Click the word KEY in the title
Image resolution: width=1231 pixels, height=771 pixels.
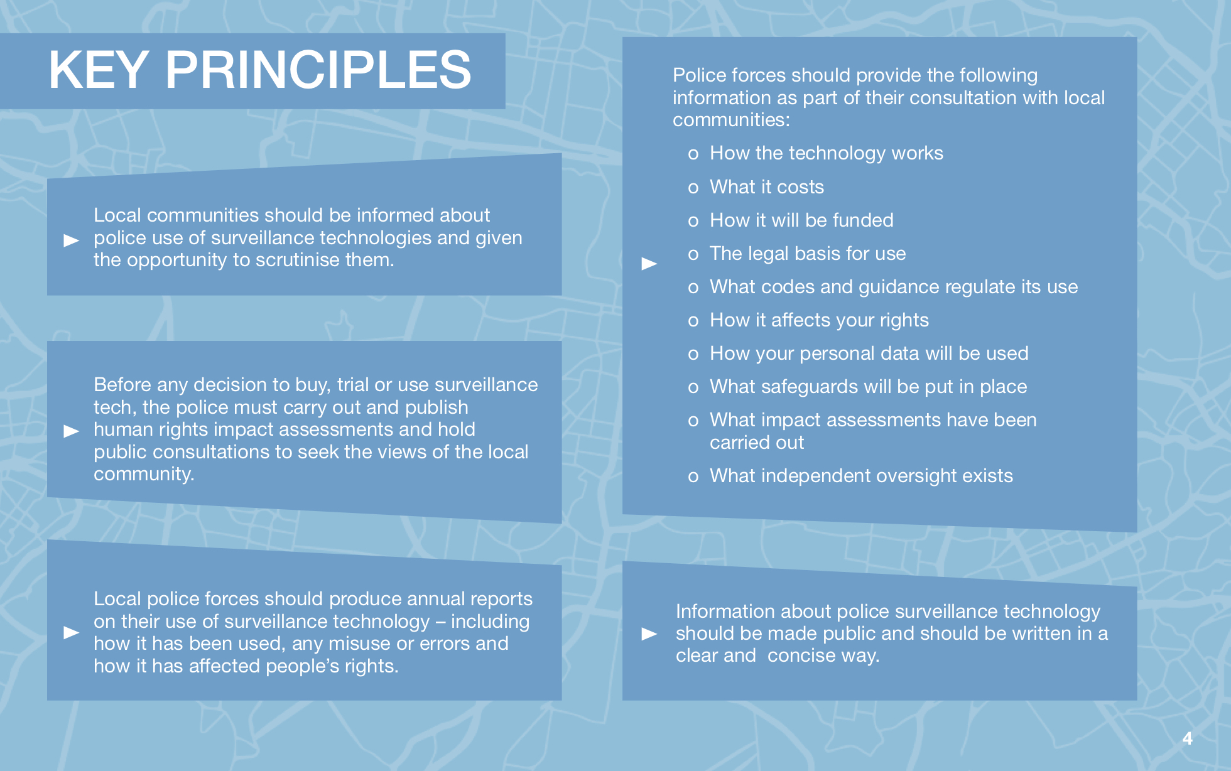pyautogui.click(x=99, y=70)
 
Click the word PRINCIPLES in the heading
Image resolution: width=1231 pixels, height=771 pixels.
pyautogui.click(x=318, y=70)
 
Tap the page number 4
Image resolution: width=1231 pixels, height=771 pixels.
pyautogui.click(x=1187, y=738)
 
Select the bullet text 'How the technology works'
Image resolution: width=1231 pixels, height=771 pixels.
pyautogui.click(x=826, y=153)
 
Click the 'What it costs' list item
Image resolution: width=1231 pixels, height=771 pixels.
pyautogui.click(x=766, y=186)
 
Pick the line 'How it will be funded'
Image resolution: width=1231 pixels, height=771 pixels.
pyautogui.click(x=801, y=220)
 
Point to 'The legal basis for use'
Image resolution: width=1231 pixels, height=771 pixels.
pyautogui.click(x=808, y=254)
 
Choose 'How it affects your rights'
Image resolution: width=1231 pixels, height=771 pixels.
pyautogui.click(x=819, y=320)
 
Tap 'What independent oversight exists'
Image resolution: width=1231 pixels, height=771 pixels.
pyautogui.click(x=861, y=475)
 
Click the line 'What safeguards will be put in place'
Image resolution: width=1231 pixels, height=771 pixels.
pyautogui.click(x=868, y=387)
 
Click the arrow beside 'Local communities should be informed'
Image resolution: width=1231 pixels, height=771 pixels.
pyautogui.click(x=72, y=240)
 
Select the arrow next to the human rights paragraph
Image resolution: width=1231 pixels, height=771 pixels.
pyautogui.click(x=72, y=431)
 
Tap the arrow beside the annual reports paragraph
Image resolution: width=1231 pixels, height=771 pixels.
pyautogui.click(x=72, y=632)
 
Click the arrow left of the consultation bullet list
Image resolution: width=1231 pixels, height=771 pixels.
pyautogui.click(x=649, y=264)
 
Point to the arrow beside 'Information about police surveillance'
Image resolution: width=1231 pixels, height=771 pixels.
pyautogui.click(x=649, y=634)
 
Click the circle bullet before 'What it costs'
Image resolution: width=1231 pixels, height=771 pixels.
pyautogui.click(x=693, y=188)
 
